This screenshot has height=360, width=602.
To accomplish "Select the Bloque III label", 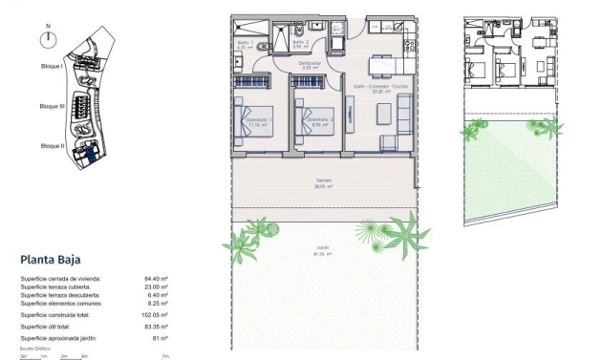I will point(52,107).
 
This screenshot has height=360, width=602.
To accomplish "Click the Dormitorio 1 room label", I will point(257,119).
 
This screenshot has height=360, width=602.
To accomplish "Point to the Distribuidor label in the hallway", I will point(309,65).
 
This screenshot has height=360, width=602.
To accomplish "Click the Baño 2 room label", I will point(299,42).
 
